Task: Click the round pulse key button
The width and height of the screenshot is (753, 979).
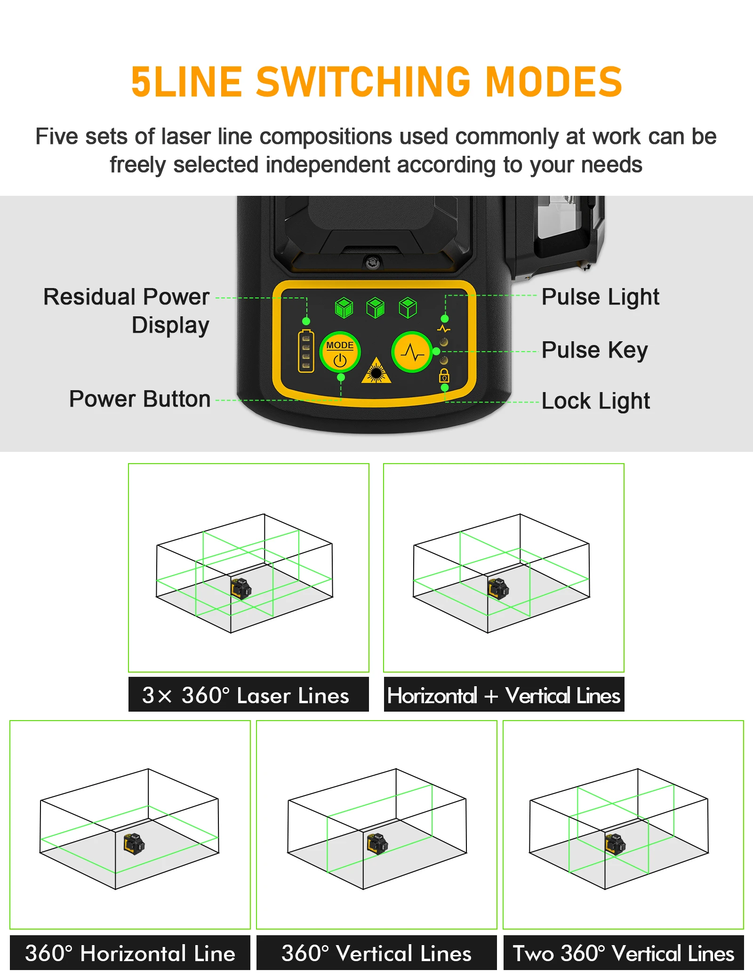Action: point(412,352)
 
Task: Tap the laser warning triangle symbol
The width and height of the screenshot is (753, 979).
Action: point(376,371)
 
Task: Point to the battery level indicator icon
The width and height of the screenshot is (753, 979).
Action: point(306,351)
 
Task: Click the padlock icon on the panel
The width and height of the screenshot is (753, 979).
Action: point(444,376)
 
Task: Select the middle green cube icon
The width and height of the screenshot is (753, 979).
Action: point(375,308)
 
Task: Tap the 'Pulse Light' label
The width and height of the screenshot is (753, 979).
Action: point(600,297)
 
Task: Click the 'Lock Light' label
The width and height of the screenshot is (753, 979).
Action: point(595,401)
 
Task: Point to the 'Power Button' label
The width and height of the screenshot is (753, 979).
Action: point(140,399)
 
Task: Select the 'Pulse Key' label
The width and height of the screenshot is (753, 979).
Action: point(594,350)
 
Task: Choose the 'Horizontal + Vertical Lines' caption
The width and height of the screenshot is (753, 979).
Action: point(504,695)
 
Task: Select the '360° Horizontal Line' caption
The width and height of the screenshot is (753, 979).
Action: point(130,953)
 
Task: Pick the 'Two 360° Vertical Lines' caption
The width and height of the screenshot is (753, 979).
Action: point(623,953)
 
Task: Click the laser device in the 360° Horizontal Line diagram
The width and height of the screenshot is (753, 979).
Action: point(134,844)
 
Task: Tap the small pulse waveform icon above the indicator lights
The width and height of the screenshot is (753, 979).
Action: point(444,329)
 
